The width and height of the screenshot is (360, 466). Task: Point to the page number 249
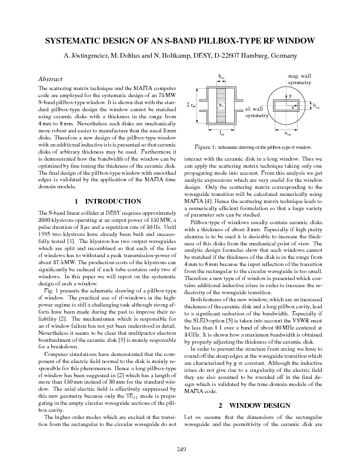[180, 451]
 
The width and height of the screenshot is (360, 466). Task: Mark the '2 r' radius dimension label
[191, 105]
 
